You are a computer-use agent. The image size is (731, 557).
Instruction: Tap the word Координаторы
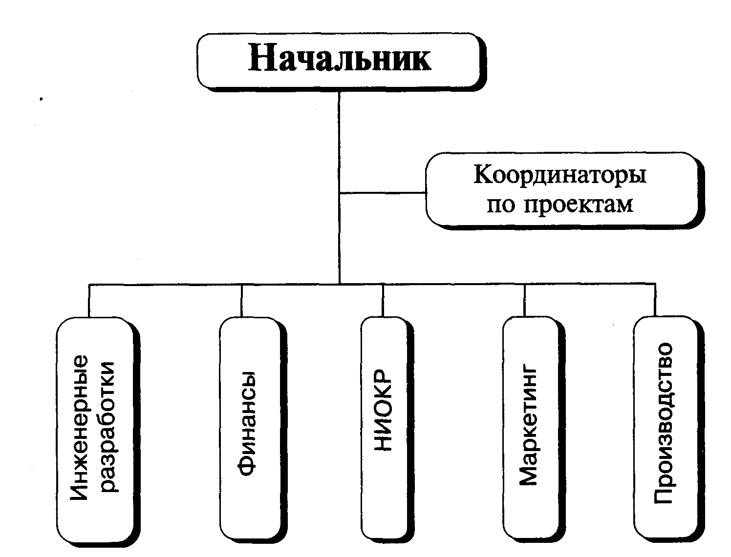tap(560, 175)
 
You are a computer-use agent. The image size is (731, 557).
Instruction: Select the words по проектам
tap(560, 205)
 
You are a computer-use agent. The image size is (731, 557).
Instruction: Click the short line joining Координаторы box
tap(383, 193)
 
